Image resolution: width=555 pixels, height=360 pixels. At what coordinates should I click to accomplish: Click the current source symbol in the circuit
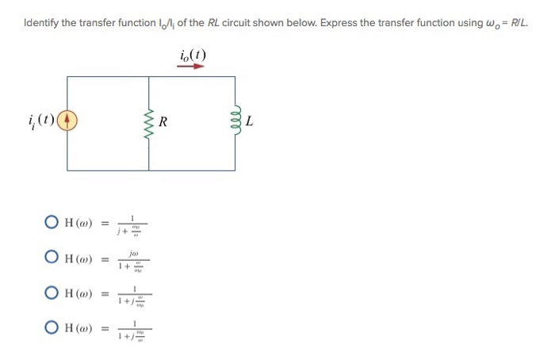(x=67, y=122)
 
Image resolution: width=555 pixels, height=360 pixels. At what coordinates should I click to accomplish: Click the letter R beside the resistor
(x=164, y=122)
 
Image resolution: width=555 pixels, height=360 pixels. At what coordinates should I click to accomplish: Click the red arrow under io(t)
(x=192, y=67)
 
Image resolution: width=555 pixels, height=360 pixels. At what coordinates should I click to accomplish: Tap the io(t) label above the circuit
(x=192, y=55)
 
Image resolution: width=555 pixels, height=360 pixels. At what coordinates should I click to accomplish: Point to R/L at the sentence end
(x=517, y=22)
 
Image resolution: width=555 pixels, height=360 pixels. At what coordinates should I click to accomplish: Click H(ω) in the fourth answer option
(x=79, y=328)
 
